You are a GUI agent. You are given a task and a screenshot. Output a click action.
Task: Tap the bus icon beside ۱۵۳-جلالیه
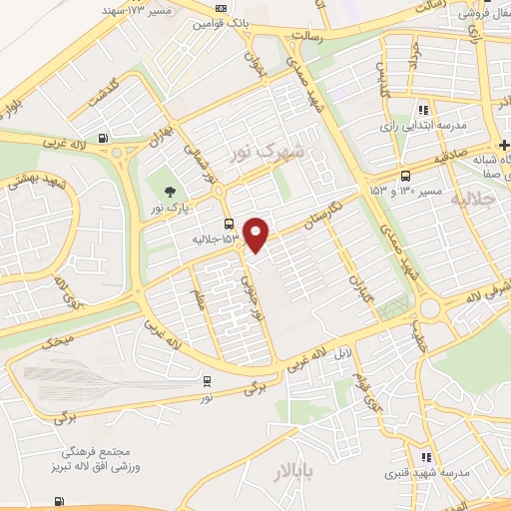[x=230, y=224]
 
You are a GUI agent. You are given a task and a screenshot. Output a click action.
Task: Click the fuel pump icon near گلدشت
[x=102, y=139]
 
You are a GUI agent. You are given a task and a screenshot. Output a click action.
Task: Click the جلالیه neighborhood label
[x=475, y=200]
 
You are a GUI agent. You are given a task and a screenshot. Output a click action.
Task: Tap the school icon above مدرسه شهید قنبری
[x=426, y=456]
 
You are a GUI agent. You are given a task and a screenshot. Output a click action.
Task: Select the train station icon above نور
[x=207, y=380]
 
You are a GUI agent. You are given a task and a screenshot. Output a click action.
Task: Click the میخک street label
[x=59, y=340]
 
